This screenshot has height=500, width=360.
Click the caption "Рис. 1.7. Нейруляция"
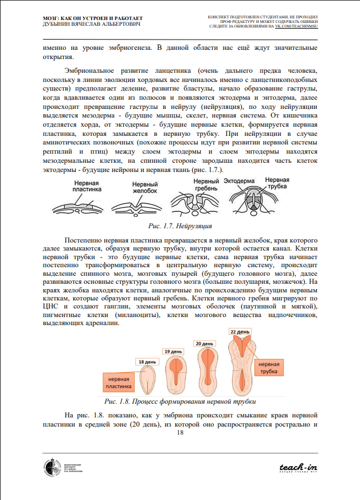pos(179,226)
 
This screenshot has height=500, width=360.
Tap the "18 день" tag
pos(146,362)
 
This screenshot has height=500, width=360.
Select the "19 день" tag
pos(174,351)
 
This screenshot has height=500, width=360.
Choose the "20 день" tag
pos(205,343)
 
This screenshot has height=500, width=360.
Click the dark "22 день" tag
pos(240,331)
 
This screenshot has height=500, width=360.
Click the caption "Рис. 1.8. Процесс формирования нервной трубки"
pos(179,401)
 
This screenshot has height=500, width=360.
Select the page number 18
pos(180,432)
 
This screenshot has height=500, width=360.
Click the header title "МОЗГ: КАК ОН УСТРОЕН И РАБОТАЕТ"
pos(93,19)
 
